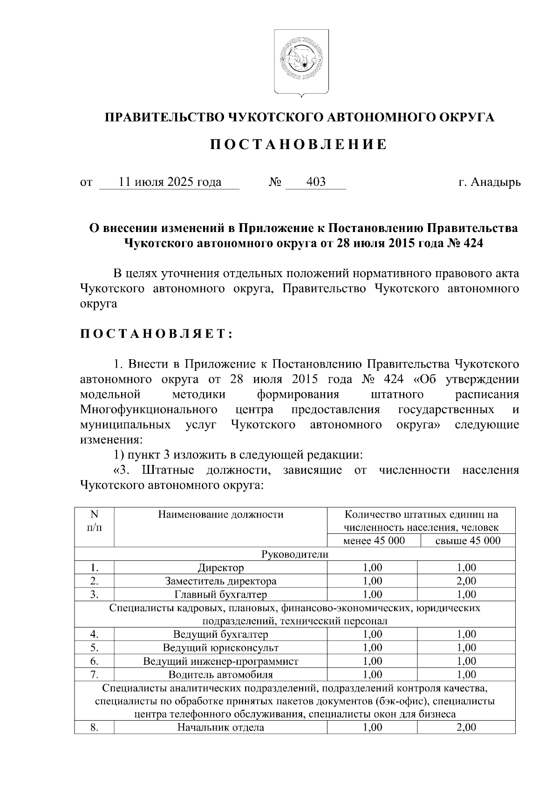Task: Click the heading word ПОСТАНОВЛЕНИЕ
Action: click(298, 145)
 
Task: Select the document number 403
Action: click(316, 182)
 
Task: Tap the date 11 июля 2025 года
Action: click(170, 182)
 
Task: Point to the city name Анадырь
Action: click(495, 182)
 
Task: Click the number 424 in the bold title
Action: click(471, 243)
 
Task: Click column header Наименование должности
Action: click(220, 514)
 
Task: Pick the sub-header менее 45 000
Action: click(374, 540)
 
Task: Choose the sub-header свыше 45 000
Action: click(467, 540)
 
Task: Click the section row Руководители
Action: click(295, 554)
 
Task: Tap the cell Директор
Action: click(220, 567)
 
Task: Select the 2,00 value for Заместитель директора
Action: click(466, 581)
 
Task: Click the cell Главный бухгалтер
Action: click(220, 594)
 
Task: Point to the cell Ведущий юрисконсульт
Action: click(220, 648)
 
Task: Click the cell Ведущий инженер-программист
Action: click(220, 661)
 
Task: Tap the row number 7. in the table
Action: click(94, 675)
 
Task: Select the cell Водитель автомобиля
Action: click(220, 675)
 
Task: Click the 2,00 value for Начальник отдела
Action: click(466, 727)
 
